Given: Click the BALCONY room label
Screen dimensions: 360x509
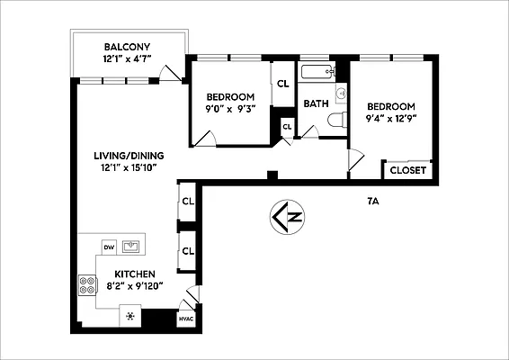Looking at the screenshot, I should (x=127, y=47).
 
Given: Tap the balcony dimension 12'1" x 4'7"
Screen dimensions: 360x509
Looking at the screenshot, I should (x=127, y=59).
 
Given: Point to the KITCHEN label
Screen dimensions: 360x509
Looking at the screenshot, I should (x=134, y=274).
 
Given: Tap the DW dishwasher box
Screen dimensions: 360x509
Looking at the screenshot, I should (x=108, y=246).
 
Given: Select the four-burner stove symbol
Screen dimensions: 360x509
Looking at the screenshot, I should (x=88, y=285).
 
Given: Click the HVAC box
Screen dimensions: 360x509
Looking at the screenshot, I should (x=186, y=319).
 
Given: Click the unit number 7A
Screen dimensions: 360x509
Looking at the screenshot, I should (x=373, y=201).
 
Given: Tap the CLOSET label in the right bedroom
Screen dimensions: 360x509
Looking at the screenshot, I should (x=408, y=170).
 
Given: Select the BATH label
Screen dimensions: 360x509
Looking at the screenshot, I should (x=316, y=103).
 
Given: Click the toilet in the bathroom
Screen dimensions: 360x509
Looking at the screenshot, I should (x=335, y=120).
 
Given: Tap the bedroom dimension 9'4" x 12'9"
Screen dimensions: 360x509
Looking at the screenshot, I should (x=391, y=117).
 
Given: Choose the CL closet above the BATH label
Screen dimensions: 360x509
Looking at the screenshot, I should (x=282, y=83).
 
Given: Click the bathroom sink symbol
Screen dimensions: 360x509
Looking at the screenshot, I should (x=341, y=94).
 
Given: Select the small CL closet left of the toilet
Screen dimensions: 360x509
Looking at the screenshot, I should (x=287, y=127).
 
